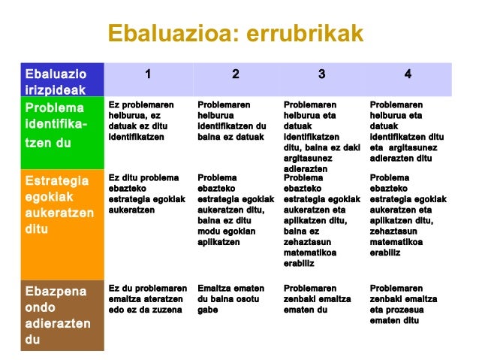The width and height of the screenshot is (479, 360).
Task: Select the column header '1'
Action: coord(148,74)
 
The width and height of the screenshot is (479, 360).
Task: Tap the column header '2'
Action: coord(235,74)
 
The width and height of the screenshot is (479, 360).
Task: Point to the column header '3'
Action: coord(321,74)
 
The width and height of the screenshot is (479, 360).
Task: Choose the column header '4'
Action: coord(408,74)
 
